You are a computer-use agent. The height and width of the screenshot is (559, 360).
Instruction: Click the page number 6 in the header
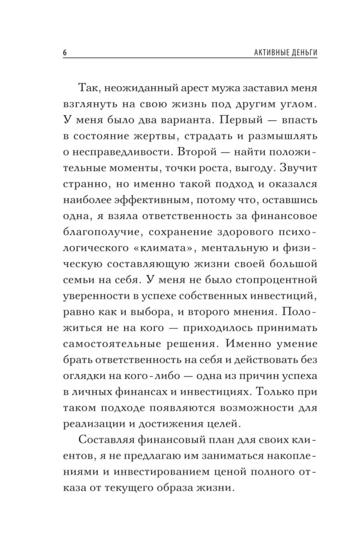pos(64,53)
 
